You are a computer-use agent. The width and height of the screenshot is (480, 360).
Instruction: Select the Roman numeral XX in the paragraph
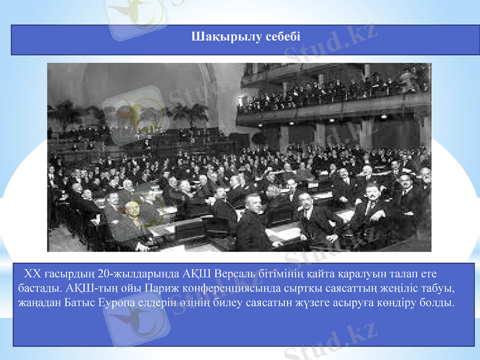[31, 274]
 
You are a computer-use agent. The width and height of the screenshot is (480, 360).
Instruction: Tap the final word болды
[438, 302]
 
